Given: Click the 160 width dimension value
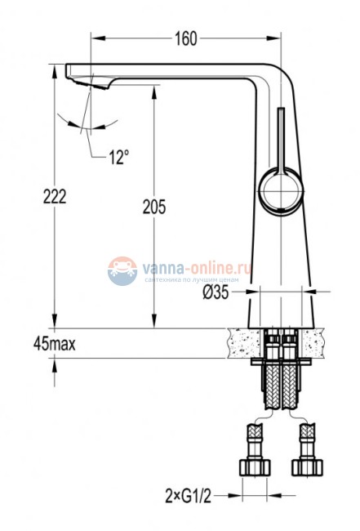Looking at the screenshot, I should click(186, 38).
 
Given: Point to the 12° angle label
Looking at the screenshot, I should click(119, 157).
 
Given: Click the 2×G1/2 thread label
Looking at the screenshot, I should click(188, 494).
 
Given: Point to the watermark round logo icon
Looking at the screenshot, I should click(122, 271).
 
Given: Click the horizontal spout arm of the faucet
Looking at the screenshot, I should click(163, 71).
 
